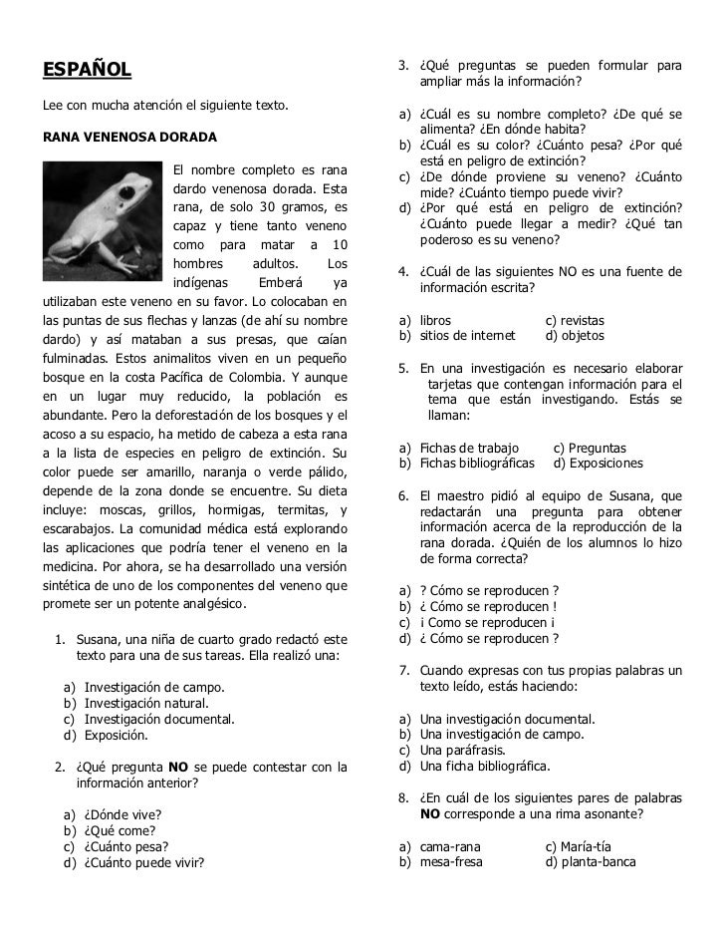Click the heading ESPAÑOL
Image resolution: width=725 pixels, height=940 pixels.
[86, 69]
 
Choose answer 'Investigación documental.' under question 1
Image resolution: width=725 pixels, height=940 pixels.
[159, 719]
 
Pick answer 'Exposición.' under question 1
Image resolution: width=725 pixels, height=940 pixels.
[116, 736]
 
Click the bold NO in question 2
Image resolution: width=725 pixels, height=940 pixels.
[177, 767]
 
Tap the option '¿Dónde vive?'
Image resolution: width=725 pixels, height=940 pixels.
[122, 814]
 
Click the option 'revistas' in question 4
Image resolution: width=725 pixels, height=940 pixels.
[582, 320]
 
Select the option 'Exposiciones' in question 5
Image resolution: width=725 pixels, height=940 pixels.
[606, 464]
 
